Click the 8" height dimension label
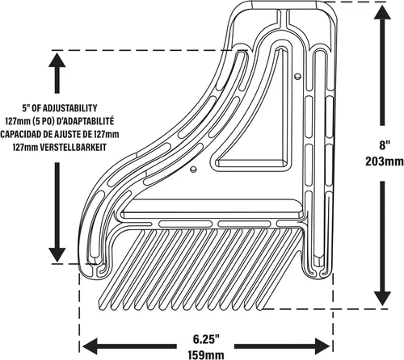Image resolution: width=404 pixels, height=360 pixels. pos(385,145)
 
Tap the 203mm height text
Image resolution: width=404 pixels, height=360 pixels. pos(385,161)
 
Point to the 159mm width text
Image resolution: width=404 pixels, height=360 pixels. pos(206,354)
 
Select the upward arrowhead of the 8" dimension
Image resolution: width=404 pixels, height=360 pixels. pos(382,14)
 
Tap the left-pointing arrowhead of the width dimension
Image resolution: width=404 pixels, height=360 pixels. pos(90,346)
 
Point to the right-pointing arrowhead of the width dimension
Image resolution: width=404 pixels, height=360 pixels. pos(321,346)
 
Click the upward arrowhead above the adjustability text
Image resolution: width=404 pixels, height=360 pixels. pos(57,61)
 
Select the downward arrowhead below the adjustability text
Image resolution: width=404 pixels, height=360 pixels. pos(57,253)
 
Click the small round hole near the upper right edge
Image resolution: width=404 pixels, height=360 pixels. pos(297,77)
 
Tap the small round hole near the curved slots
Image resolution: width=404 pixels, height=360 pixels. pos(193,170)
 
